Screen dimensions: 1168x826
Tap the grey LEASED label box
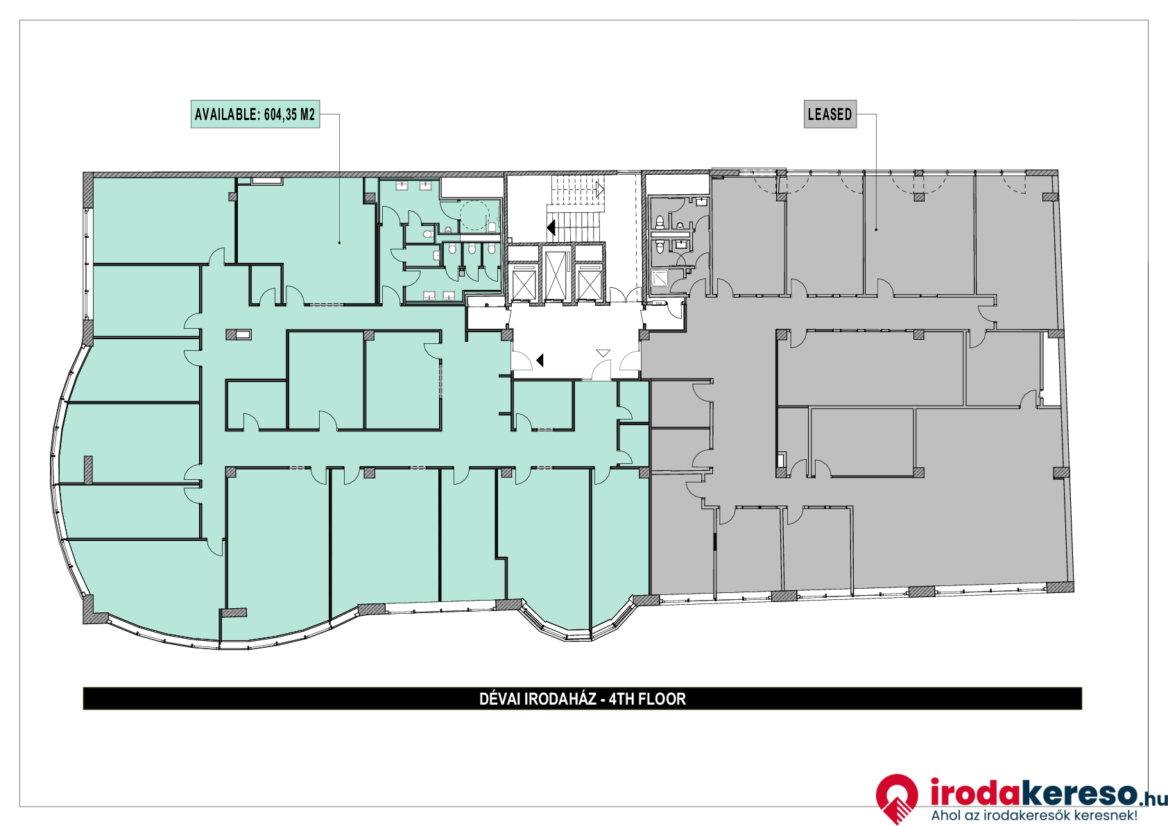(830, 114)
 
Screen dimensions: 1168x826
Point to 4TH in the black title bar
(620, 699)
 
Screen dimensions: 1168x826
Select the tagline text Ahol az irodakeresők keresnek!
(1035, 815)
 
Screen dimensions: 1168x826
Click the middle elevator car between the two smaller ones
(556, 274)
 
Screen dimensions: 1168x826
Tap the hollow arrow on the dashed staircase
(600, 189)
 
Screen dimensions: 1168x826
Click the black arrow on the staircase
(551, 227)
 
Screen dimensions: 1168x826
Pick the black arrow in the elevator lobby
(540, 360)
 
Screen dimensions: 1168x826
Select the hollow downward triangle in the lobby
(603, 353)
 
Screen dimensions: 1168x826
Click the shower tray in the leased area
(660, 277)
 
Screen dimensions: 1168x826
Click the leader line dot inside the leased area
(875, 230)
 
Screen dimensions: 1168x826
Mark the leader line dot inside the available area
(339, 243)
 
